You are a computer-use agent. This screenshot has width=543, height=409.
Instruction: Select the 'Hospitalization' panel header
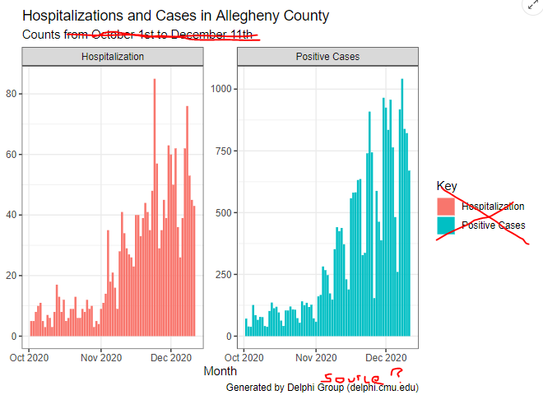tap(113, 57)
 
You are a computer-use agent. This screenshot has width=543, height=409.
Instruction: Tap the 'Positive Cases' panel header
tap(327, 57)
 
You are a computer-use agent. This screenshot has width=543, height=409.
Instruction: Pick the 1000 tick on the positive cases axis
tap(222, 89)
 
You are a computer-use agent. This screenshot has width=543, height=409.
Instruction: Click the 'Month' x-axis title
tap(220, 371)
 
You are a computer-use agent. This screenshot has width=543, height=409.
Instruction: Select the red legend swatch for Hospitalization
tap(445, 207)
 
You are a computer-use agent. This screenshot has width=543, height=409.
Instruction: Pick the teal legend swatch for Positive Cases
tap(445, 225)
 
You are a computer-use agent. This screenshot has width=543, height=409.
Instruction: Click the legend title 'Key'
tap(447, 186)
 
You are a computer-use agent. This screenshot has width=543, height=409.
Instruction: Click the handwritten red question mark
tap(397, 374)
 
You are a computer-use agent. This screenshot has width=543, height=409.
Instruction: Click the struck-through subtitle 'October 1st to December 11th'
tap(172, 35)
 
